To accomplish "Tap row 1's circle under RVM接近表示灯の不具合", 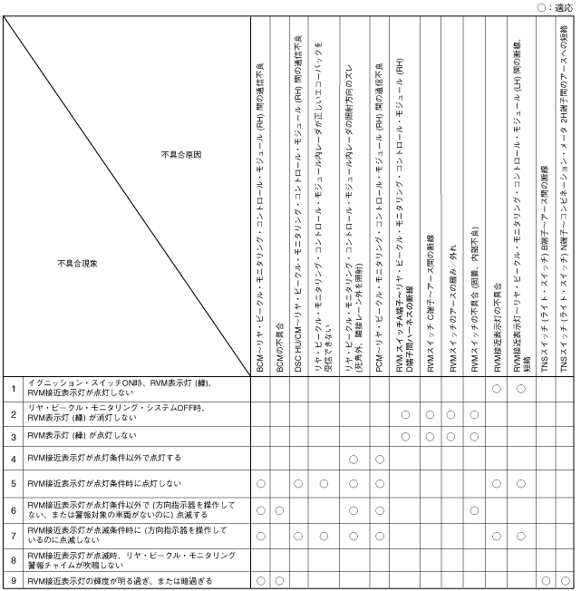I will [497, 389].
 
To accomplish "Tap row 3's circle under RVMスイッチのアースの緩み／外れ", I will [450, 436].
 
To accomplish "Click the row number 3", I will [14, 436].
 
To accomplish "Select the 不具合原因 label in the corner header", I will [181, 155].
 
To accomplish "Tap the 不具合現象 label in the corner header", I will [77, 264].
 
